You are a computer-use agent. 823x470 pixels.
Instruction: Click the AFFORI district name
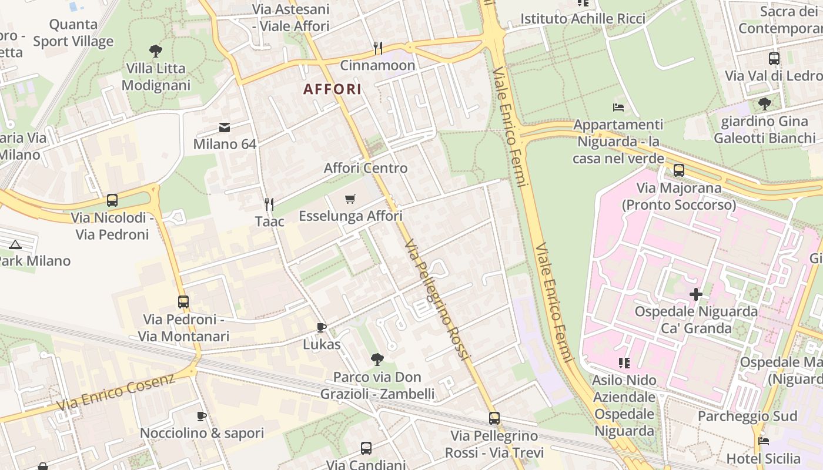pos(332,89)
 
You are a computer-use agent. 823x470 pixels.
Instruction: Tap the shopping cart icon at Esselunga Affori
pos(350,199)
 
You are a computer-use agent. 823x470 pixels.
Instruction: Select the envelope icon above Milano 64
pos(225,127)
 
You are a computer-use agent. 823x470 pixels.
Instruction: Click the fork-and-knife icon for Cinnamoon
pos(378,48)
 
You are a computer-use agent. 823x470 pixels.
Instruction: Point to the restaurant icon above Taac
pos(269,204)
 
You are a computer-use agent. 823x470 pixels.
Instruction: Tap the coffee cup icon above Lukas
pos(322,327)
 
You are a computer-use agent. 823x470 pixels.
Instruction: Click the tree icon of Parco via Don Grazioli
pos(377,359)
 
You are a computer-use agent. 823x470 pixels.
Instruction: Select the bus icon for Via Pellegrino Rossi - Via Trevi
pos(494,418)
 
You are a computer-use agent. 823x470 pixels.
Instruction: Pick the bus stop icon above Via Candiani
pos(366,448)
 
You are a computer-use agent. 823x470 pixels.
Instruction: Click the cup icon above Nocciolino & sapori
pos(202,416)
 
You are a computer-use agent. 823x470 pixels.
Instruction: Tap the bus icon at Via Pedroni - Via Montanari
pos(183,302)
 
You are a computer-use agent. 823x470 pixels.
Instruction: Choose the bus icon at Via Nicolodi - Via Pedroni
pos(112,200)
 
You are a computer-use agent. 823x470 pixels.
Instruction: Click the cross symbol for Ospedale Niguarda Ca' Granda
pos(696,294)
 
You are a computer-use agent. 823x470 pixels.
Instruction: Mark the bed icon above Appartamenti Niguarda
pos(618,108)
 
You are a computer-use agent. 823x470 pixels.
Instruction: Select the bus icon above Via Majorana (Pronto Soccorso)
pos(679,170)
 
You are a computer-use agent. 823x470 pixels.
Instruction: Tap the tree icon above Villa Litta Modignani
pos(156,51)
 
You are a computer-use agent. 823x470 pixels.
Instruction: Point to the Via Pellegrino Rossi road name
pos(438,300)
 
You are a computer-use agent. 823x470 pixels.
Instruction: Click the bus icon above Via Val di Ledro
pos(774,59)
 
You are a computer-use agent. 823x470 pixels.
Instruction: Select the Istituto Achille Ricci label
pos(583,19)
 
